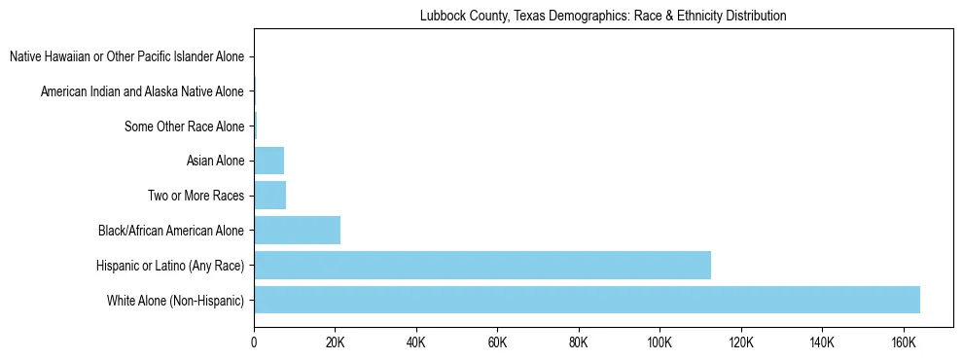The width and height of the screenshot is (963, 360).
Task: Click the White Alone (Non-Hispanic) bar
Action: point(587,300)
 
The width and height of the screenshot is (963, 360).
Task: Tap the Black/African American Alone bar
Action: point(297,230)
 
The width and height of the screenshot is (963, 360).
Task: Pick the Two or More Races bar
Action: point(269,195)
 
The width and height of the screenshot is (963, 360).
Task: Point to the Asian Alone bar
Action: point(268,161)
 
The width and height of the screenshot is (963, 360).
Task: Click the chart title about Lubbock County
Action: point(603,17)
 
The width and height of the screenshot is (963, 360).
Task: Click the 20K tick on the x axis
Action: point(335,342)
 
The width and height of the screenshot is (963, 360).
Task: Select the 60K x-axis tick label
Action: point(497,342)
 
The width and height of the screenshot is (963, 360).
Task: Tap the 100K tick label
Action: point(660,342)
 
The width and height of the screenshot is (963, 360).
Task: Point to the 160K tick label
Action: point(903,342)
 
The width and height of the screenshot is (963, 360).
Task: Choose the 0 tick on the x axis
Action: point(254,342)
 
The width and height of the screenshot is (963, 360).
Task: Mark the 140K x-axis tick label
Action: point(822,342)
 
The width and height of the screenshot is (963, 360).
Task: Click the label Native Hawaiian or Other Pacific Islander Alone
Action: point(127,56)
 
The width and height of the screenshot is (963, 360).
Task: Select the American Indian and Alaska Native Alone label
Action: point(143,91)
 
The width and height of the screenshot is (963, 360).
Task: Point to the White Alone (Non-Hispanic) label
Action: point(176,300)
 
